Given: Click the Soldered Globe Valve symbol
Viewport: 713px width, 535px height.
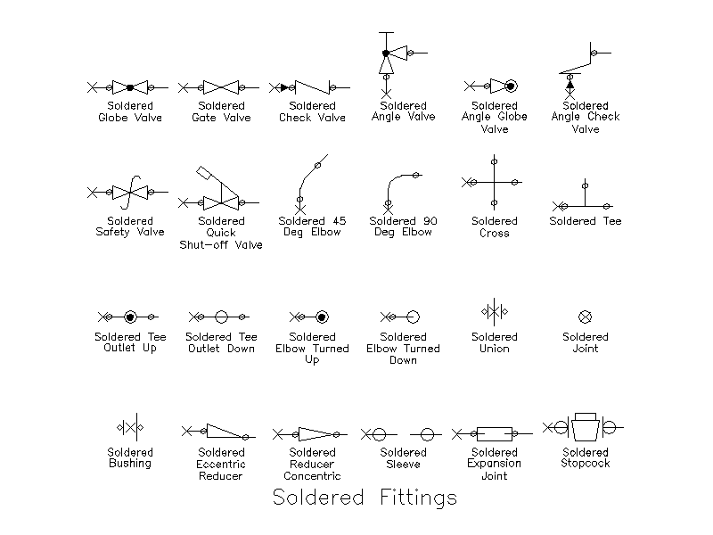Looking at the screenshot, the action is click(x=129, y=87).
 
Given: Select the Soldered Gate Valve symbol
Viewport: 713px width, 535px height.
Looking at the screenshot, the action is click(x=221, y=87).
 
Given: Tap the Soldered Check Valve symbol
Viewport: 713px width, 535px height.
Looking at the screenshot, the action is click(x=312, y=87).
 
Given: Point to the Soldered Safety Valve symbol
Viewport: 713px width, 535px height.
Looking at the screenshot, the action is click(x=129, y=193).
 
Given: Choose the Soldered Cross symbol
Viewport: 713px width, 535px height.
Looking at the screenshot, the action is click(x=495, y=183).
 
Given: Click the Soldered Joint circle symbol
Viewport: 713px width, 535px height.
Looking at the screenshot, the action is click(x=586, y=317).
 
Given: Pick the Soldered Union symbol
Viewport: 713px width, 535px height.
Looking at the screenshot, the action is click(x=495, y=312).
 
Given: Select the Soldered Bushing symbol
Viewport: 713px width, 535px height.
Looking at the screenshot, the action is click(x=130, y=428).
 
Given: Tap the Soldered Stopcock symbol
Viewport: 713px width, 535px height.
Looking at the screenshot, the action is click(x=584, y=427).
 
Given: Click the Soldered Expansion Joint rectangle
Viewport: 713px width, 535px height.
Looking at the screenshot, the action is click(x=495, y=434).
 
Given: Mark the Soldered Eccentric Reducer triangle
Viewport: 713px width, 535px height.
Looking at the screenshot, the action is click(x=225, y=432).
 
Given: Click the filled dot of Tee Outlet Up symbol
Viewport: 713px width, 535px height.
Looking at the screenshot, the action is click(x=130, y=317).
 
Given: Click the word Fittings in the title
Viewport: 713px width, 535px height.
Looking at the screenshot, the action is click(x=418, y=498).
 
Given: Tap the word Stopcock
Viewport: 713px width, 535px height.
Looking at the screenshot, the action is click(x=586, y=464).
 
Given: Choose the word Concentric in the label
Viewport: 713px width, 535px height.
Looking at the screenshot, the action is click(x=312, y=476).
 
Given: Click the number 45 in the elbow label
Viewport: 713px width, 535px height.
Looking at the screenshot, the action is click(x=340, y=221).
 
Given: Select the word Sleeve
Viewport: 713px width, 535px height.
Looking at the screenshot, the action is click(x=403, y=464).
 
